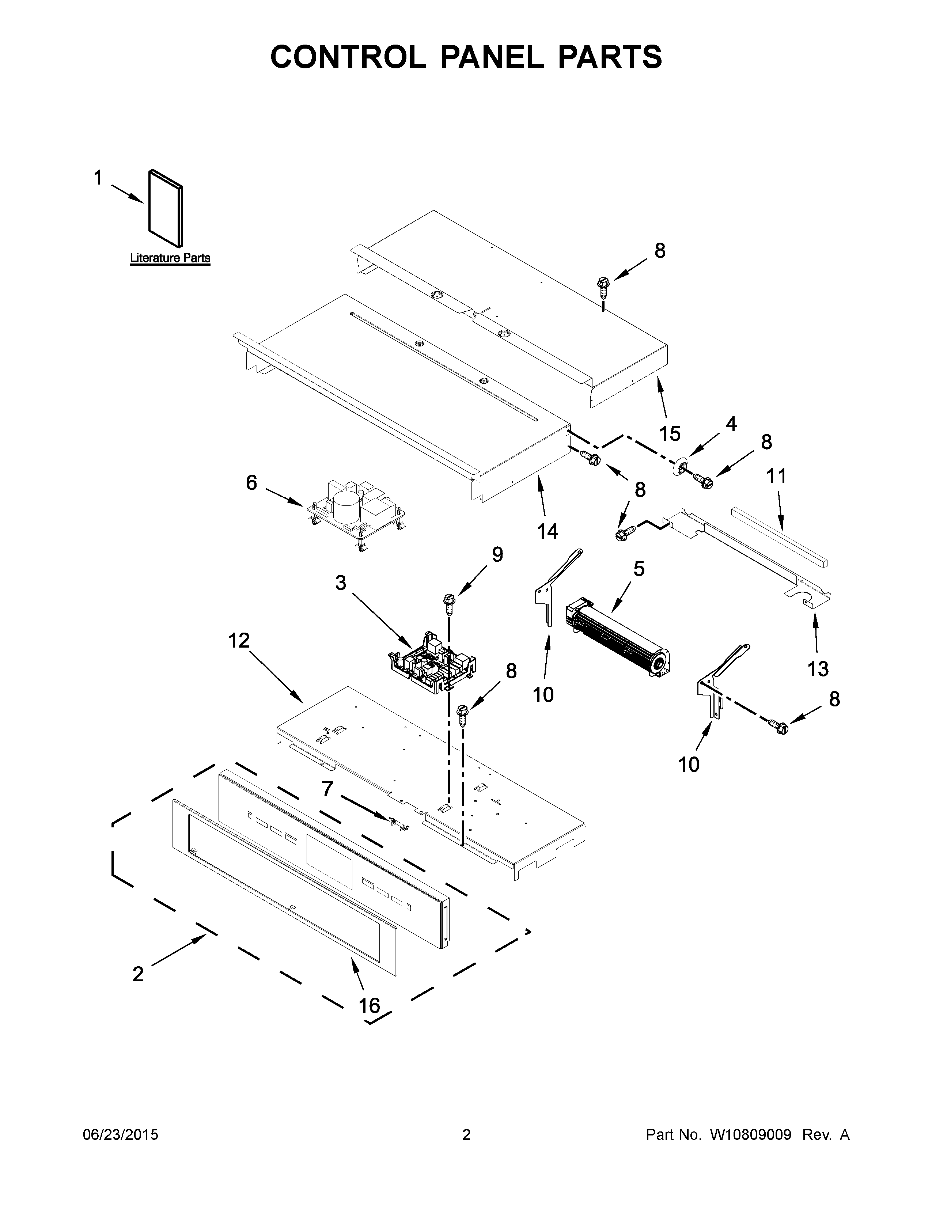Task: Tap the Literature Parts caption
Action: point(170,258)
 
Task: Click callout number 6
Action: point(251,483)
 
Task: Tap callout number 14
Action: point(548,531)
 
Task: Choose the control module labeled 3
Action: point(433,663)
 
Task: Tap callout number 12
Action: point(239,641)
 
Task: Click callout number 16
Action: point(370,1006)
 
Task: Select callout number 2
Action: point(138,974)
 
